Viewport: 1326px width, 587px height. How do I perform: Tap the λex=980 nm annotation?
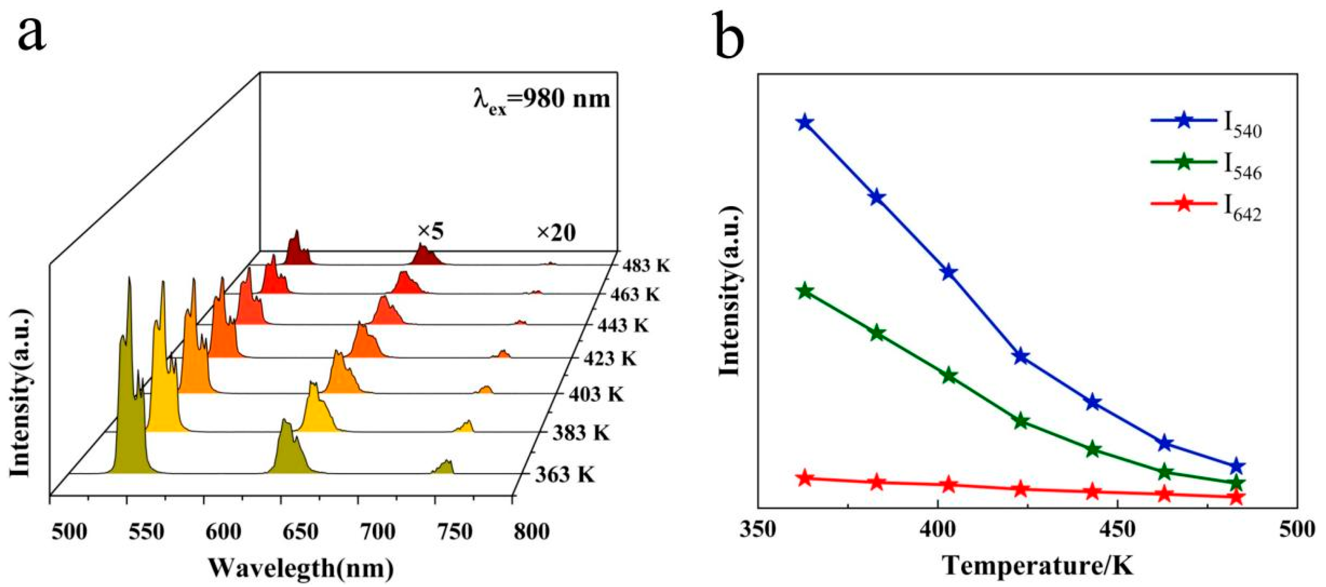[x=542, y=97]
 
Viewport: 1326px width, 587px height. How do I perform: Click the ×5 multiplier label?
[x=430, y=232]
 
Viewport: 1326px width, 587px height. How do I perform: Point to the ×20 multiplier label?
[x=556, y=233]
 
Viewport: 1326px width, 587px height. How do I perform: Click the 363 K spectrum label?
[x=565, y=474]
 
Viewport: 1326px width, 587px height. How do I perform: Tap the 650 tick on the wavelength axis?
[x=300, y=532]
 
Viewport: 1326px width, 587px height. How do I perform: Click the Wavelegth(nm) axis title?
[x=301, y=568]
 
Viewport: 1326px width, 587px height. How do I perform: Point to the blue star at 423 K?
[x=1021, y=356]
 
